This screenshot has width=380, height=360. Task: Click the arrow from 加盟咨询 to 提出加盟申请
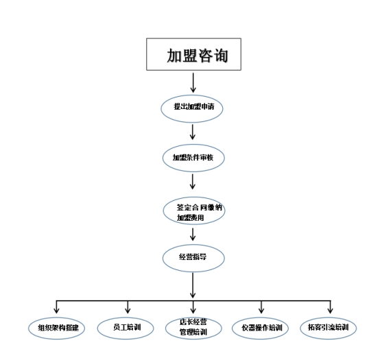193,82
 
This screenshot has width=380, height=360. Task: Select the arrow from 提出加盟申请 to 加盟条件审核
193,132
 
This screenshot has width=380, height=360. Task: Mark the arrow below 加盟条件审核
193,182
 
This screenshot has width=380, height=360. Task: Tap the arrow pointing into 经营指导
193,235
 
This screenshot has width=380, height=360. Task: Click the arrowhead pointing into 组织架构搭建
56,311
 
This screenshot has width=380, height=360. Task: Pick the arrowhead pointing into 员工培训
128,311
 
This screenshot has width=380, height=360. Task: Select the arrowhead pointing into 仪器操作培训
261,311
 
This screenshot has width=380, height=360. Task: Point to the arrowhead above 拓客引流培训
330,311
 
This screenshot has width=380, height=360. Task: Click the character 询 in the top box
220,56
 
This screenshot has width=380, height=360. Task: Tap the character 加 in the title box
174,56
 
